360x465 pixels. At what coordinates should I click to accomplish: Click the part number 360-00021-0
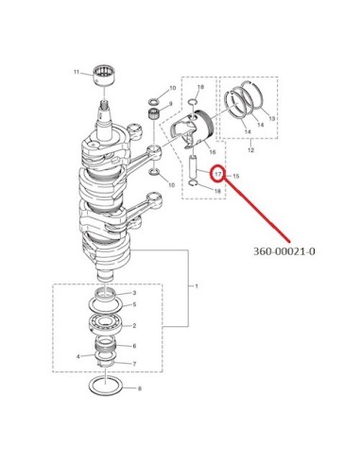pyautogui.click(x=283, y=251)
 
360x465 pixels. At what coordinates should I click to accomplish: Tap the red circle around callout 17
pyautogui.click(x=217, y=174)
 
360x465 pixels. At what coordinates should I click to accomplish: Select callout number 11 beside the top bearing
pyautogui.click(x=77, y=72)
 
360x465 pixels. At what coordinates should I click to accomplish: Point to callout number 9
pyautogui.click(x=171, y=104)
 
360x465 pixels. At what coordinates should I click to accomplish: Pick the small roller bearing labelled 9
pyautogui.click(x=153, y=112)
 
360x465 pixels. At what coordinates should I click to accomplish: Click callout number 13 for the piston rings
pyautogui.click(x=271, y=118)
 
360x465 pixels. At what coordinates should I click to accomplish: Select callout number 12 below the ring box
pyautogui.click(x=250, y=150)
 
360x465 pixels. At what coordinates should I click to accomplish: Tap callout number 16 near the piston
pyautogui.click(x=213, y=152)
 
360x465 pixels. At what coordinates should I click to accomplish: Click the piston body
pyautogui.click(x=192, y=130)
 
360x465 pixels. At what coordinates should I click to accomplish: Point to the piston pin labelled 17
pyautogui.click(x=193, y=170)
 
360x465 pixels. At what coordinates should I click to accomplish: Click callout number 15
pyautogui.click(x=236, y=176)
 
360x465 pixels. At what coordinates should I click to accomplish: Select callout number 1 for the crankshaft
pyautogui.click(x=197, y=286)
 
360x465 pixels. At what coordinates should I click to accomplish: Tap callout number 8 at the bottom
pyautogui.click(x=140, y=388)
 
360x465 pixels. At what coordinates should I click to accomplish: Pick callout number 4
pyautogui.click(x=77, y=356)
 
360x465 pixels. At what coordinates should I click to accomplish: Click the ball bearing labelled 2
pyautogui.click(x=105, y=325)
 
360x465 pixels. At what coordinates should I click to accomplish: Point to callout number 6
pyautogui.click(x=134, y=346)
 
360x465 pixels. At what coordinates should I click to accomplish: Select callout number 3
pyautogui.click(x=134, y=293)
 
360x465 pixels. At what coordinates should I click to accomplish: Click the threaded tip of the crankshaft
pyautogui.click(x=104, y=104)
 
